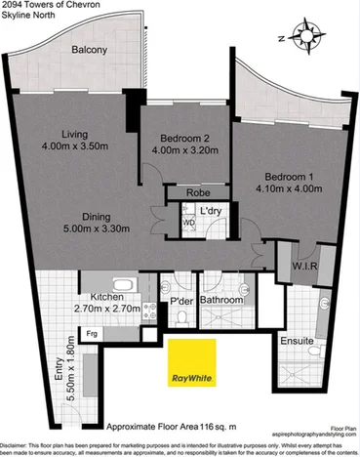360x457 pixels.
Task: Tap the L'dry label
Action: (211, 212)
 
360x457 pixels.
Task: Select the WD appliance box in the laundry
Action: (189, 222)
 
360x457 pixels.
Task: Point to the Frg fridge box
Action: (93, 333)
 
